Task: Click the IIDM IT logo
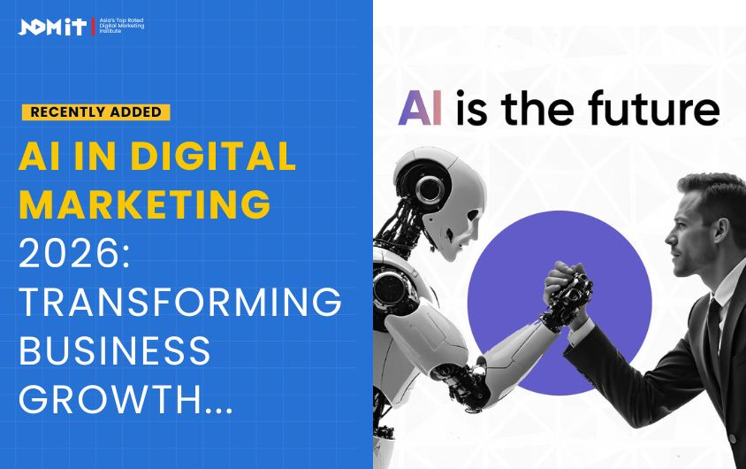click(53, 27)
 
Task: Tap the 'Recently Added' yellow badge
click(96, 111)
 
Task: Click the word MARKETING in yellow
click(144, 204)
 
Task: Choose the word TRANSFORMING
click(179, 304)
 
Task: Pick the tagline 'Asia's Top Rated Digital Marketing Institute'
click(119, 27)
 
